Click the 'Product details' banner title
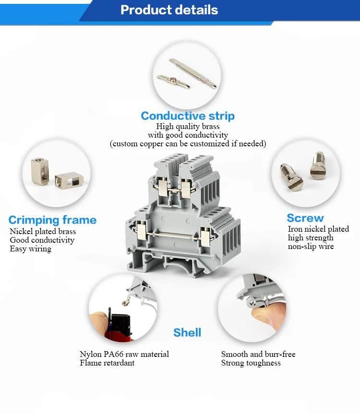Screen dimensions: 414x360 click(x=169, y=10)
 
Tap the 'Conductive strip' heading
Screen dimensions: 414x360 click(x=188, y=116)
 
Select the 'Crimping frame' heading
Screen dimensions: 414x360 click(x=52, y=220)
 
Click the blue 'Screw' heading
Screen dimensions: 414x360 click(x=305, y=218)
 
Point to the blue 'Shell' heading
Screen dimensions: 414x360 click(x=187, y=332)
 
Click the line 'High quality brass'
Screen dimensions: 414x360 click(x=188, y=127)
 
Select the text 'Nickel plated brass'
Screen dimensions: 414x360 click(x=43, y=232)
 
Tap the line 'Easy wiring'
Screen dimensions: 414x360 click(x=30, y=249)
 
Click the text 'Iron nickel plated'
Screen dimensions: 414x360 click(x=318, y=229)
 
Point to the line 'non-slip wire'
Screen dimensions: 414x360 click(x=311, y=247)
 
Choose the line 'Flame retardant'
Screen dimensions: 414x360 click(x=107, y=363)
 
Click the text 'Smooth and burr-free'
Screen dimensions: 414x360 click(x=258, y=355)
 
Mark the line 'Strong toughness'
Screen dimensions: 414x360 click(x=251, y=363)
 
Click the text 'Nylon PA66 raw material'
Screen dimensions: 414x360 click(x=124, y=355)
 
